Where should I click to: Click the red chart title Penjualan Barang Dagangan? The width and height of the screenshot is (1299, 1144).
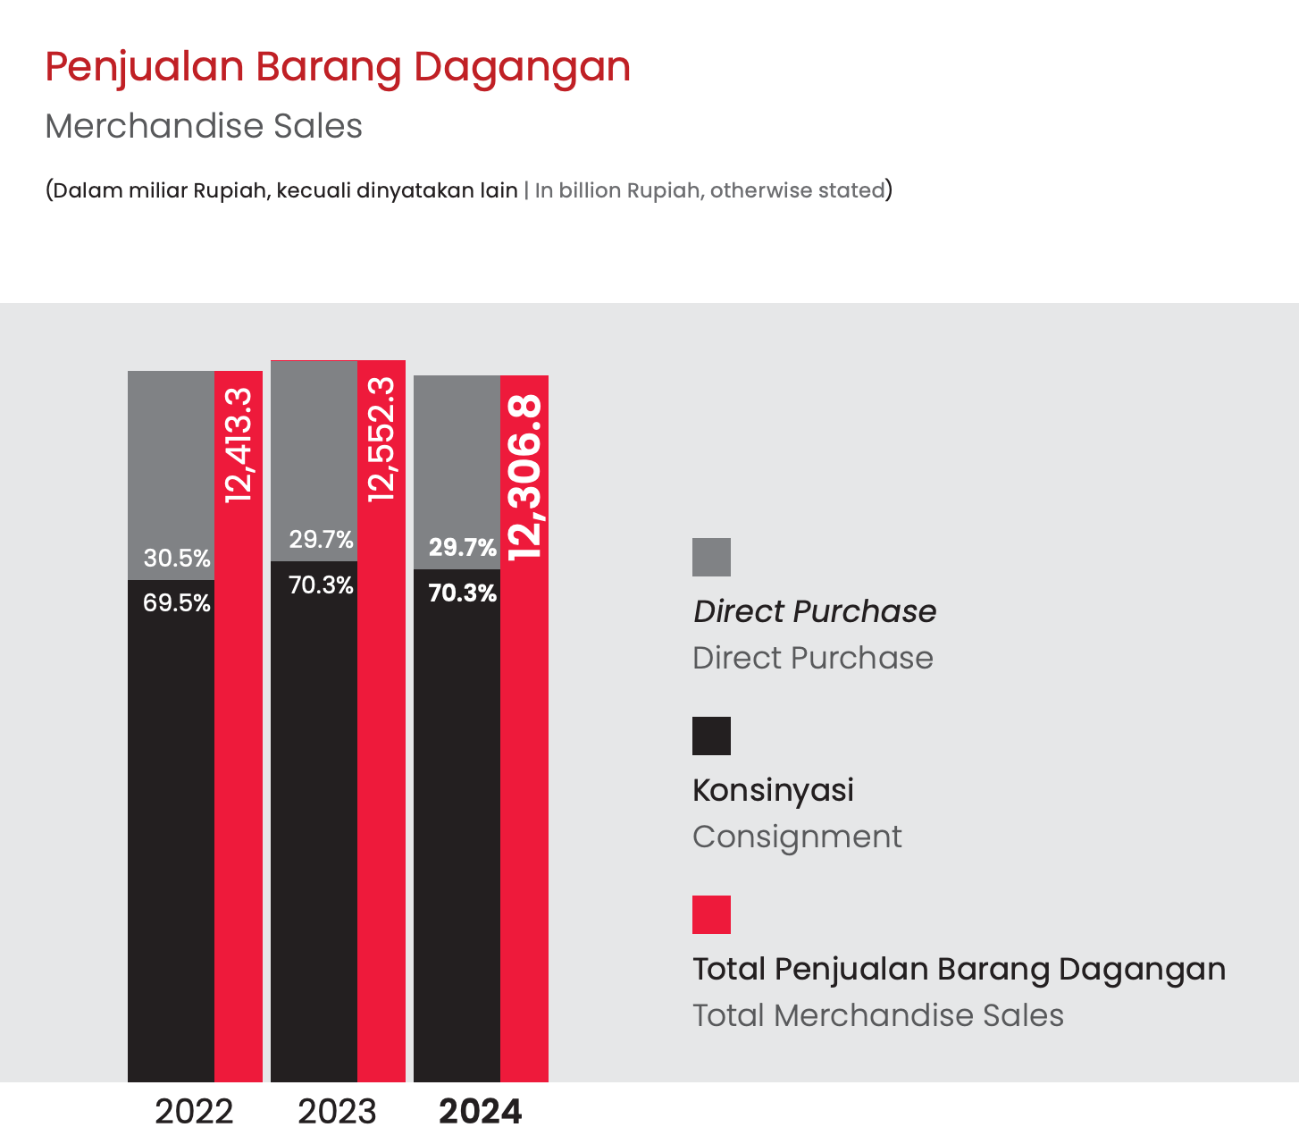(x=338, y=67)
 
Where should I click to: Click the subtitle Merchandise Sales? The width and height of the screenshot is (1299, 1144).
(x=204, y=126)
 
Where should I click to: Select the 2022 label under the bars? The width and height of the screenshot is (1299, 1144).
(x=194, y=1111)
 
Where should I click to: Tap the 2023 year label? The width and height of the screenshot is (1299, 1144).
(x=337, y=1111)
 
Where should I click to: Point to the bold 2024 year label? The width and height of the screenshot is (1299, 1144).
(x=481, y=1111)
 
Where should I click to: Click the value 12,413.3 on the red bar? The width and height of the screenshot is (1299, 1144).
(x=239, y=444)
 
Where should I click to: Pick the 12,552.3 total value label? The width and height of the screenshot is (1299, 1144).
(x=381, y=439)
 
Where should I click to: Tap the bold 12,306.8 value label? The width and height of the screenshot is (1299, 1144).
(x=524, y=478)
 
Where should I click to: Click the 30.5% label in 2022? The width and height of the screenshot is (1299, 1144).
(x=177, y=559)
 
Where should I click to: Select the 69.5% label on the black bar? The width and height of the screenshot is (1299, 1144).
(x=177, y=603)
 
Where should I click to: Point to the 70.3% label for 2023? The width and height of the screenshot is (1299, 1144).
(x=321, y=585)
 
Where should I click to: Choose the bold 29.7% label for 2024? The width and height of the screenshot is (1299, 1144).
(x=463, y=547)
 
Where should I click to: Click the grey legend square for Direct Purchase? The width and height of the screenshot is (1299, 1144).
(x=711, y=557)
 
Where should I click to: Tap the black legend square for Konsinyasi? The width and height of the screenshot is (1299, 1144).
(x=711, y=736)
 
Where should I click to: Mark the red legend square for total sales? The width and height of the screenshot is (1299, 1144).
(x=711, y=914)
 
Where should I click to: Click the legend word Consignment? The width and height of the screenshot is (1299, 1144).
(x=797, y=837)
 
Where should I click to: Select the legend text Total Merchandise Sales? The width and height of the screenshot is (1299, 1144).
(x=878, y=1015)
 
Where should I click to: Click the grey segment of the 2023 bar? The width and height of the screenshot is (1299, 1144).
(x=314, y=460)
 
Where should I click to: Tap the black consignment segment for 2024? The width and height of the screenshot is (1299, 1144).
(x=457, y=826)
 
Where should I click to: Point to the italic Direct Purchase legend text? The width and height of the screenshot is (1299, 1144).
(x=815, y=611)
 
